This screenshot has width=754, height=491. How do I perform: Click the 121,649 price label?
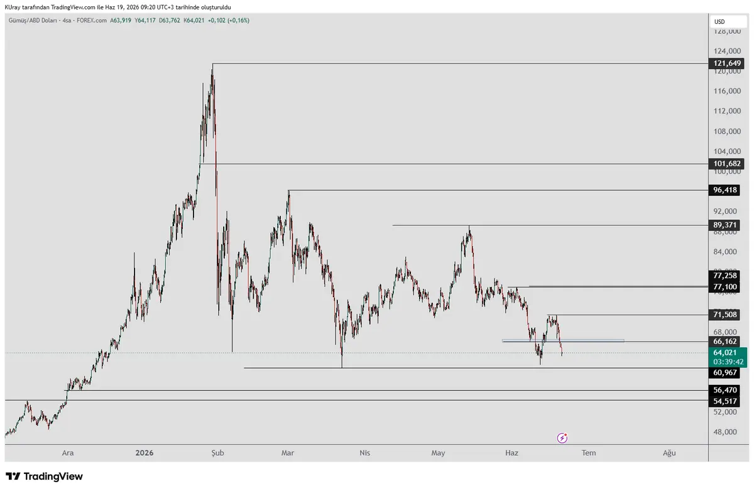(726, 63)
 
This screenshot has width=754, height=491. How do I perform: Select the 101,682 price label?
(726, 164)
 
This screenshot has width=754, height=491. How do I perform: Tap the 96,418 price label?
(724, 190)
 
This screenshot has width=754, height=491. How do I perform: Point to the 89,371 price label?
(724, 225)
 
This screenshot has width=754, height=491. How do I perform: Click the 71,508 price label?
(724, 315)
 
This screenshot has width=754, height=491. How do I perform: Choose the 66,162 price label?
(724, 342)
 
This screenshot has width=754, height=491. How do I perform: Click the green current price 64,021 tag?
(728, 357)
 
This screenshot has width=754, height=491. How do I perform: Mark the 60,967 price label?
(724, 372)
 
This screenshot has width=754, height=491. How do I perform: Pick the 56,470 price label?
(724, 390)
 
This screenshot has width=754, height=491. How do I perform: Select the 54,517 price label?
(724, 401)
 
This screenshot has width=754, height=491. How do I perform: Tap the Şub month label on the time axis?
(217, 453)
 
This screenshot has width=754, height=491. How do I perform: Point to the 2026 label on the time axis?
(145, 453)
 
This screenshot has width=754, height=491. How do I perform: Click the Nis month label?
(364, 453)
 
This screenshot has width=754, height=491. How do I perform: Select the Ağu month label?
(669, 453)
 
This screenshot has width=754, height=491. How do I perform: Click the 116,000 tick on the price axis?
(727, 91)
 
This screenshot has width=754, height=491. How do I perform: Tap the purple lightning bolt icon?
(562, 438)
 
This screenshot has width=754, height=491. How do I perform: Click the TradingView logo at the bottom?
(44, 477)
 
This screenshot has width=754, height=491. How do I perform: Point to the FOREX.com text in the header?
(92, 21)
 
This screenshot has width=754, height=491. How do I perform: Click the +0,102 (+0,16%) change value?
(229, 21)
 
